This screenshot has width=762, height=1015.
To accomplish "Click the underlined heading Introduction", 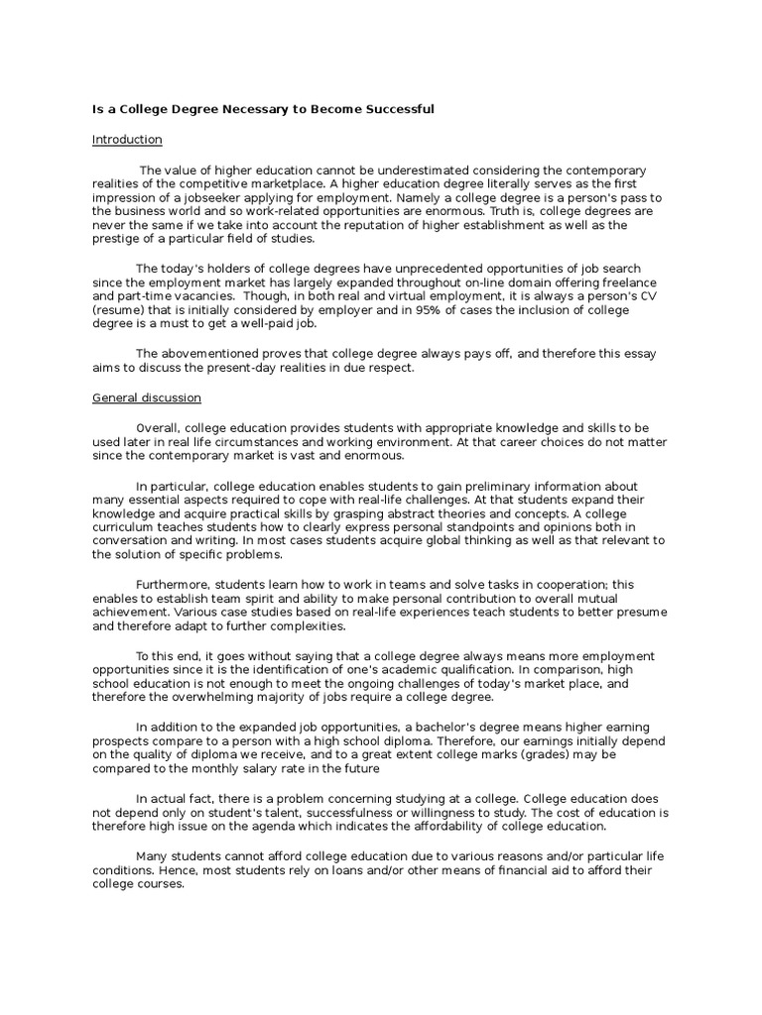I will click(x=127, y=140).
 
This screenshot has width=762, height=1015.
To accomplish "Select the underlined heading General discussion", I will click(x=147, y=397).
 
